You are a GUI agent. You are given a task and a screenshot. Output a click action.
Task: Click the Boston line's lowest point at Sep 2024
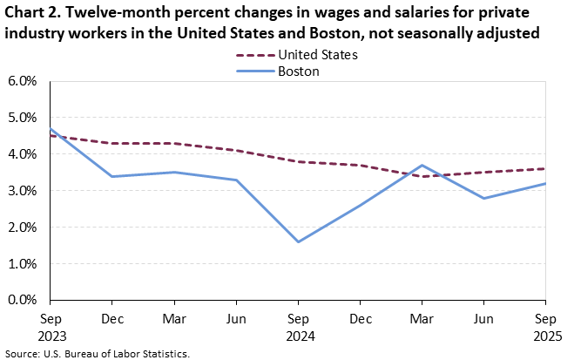point(298,241)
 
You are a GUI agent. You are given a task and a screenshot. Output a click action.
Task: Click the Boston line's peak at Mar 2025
point(422,165)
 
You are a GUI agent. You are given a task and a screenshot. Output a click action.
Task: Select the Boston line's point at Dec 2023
point(111,176)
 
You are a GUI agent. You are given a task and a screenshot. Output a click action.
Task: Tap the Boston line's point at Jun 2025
point(483,198)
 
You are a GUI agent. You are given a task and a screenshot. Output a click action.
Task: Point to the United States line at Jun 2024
point(236,151)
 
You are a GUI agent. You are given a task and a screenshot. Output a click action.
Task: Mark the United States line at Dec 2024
point(360,165)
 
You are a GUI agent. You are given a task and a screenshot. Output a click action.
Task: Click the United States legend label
point(317,55)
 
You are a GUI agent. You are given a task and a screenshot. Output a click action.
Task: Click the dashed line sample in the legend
point(254,55)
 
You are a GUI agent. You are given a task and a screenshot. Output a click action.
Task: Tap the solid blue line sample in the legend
point(254,71)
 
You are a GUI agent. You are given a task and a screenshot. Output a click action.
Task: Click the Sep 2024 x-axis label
point(298,327)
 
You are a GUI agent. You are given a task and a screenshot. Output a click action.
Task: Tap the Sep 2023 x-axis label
point(50,327)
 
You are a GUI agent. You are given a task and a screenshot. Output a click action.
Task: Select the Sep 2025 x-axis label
point(546,327)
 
